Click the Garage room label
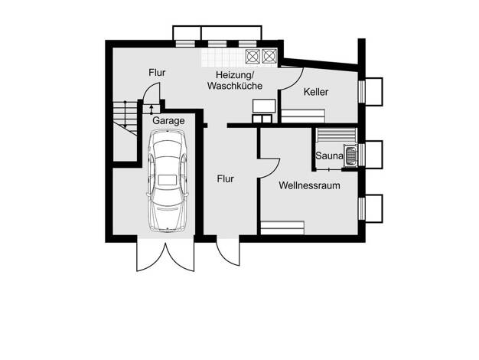[168, 121]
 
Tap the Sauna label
[329, 155]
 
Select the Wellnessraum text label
[309, 185]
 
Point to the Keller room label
[316, 92]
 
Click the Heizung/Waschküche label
[235, 80]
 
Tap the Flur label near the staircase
[157, 73]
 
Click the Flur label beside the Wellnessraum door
[226, 178]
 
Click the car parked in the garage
[168, 181]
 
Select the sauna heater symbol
[350, 155]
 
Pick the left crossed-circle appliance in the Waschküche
[253, 56]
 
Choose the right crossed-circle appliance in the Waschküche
[269, 56]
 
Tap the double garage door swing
[165, 254]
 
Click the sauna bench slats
[337, 135]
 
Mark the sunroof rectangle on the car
[168, 179]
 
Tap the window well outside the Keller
[373, 92]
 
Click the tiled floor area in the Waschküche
[223, 57]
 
